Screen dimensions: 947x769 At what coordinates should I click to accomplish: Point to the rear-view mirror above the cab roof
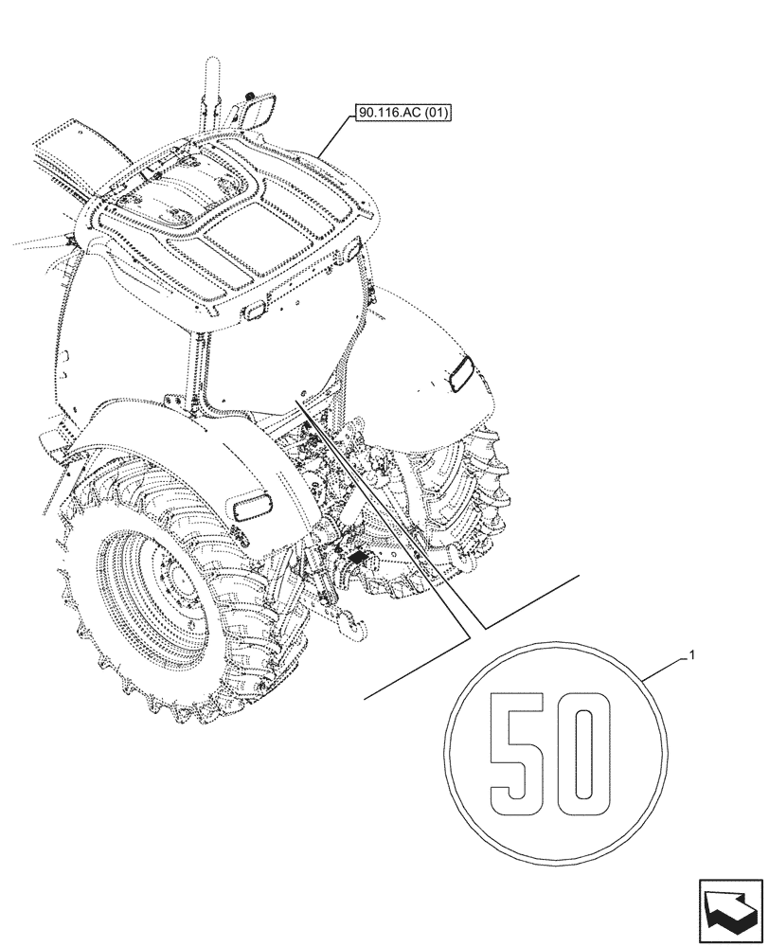coord(259,113)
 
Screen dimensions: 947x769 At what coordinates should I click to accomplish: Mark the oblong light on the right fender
coord(463,372)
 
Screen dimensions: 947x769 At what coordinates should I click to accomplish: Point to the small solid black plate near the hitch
coord(359,560)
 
